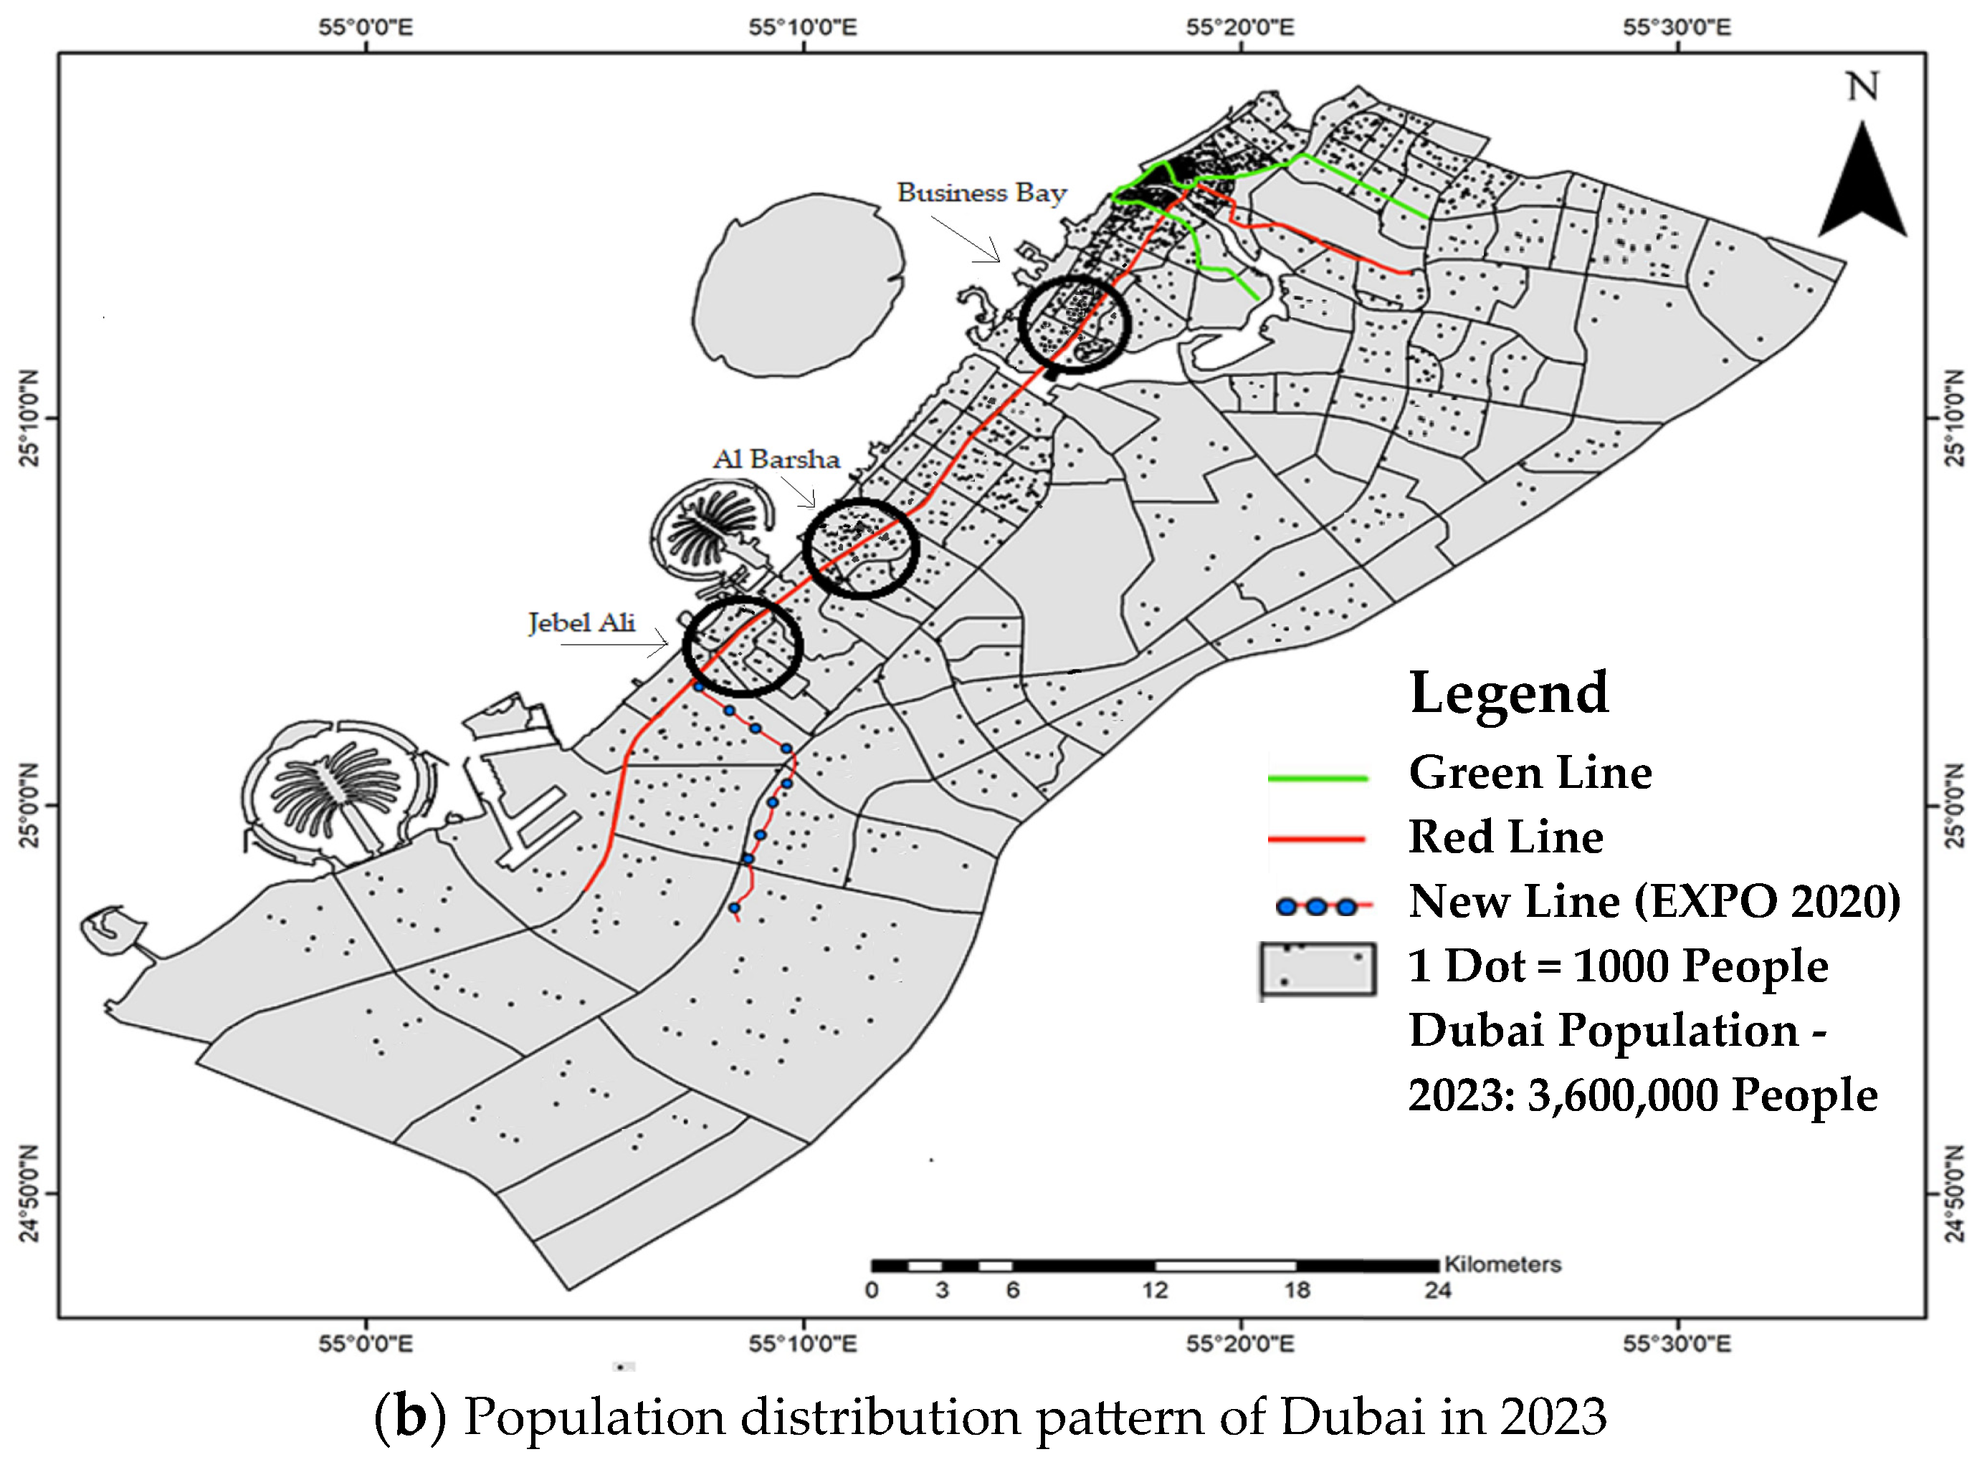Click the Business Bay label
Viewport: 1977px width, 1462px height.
point(981,193)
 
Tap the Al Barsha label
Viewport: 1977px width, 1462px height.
point(776,459)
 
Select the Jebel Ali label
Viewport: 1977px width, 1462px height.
point(581,623)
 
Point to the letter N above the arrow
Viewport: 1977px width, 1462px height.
point(1862,87)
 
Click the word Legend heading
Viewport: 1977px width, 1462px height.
point(1507,692)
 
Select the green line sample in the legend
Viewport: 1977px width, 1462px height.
point(1318,778)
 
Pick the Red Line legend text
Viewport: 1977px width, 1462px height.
point(1505,837)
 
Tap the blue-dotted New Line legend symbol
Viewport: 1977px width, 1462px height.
point(1318,906)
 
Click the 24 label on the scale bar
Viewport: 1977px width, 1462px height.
point(1437,1289)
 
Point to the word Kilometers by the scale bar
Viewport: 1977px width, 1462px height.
point(1502,1264)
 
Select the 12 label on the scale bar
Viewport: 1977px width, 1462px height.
point(1155,1289)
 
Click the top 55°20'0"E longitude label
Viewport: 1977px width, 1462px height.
point(1239,27)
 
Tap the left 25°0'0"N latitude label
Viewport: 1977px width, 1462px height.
point(29,805)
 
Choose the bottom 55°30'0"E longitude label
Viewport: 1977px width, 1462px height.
point(1676,1345)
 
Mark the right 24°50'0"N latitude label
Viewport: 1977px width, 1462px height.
point(1955,1193)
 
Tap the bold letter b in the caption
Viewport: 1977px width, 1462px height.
point(410,1416)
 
